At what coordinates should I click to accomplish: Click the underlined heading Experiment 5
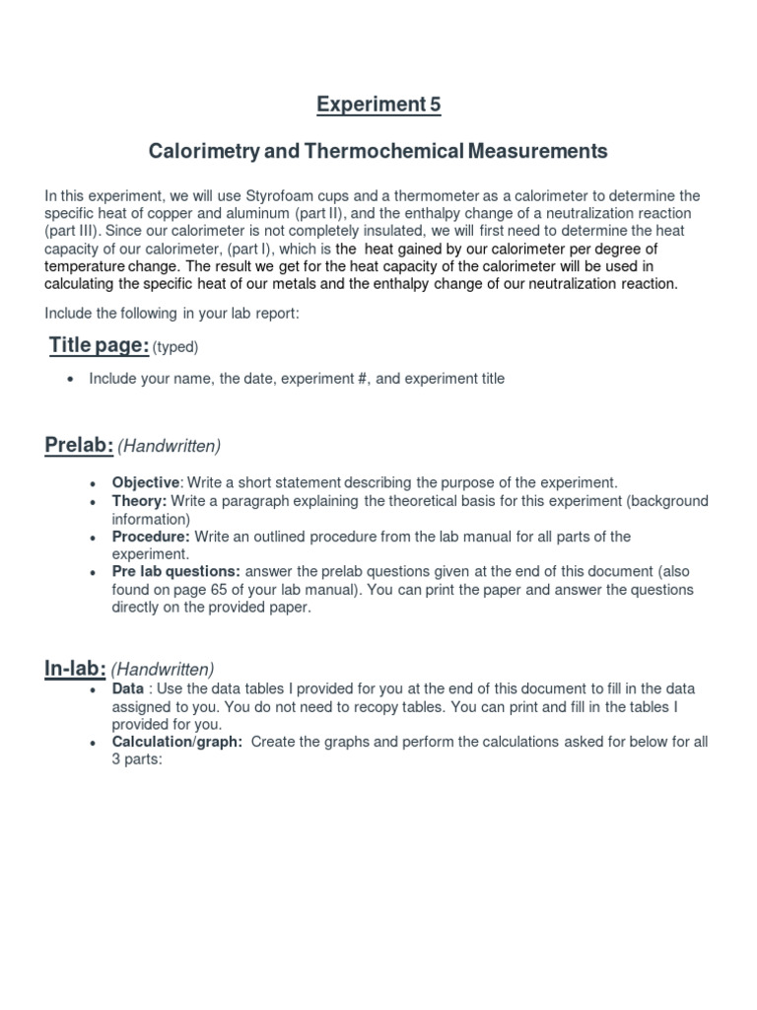[378, 104]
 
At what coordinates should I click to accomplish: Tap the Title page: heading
[99, 344]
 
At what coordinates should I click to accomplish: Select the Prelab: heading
[79, 446]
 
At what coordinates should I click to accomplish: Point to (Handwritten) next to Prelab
[170, 447]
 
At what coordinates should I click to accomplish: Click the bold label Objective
[146, 482]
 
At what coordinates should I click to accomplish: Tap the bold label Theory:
[139, 501]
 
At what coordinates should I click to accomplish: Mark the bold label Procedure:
[150, 537]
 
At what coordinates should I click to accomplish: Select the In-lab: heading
[75, 668]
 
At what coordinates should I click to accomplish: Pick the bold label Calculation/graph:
[176, 742]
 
